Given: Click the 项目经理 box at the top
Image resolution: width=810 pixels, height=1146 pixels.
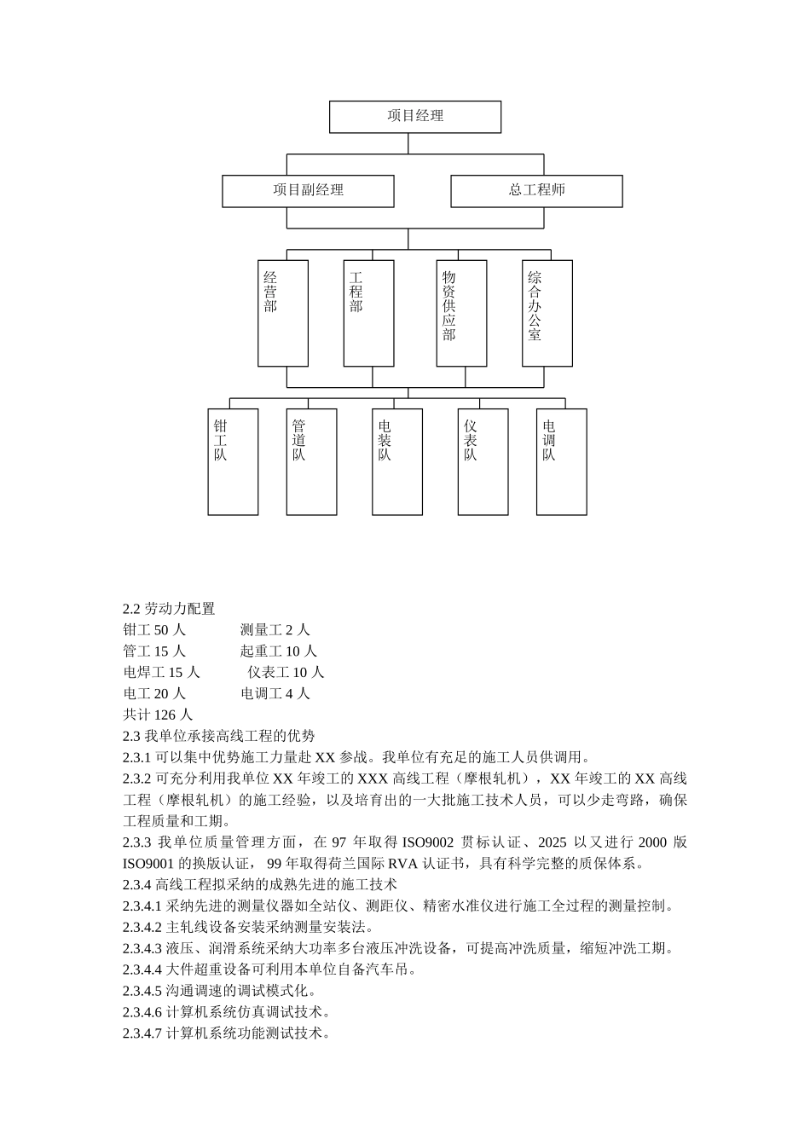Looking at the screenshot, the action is (415, 117).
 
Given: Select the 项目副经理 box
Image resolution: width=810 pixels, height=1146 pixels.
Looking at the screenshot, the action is (308, 191).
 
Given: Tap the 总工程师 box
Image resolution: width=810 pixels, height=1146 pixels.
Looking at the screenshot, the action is (536, 191).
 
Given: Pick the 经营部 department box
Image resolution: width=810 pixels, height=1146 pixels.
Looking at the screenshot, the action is (283, 313).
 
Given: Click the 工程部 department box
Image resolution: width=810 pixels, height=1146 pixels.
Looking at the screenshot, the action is (368, 313).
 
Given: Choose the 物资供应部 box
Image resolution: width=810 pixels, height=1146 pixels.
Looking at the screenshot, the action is (461, 313).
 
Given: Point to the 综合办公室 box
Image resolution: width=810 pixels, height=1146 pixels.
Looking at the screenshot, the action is (547, 313).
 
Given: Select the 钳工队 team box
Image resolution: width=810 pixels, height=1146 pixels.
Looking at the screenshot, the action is (233, 461).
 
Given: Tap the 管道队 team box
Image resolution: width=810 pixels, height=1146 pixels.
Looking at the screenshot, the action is (311, 461).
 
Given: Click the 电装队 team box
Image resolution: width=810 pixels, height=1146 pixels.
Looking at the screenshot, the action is (397, 461).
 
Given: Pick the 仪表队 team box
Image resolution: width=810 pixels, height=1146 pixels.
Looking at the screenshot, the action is (483, 461).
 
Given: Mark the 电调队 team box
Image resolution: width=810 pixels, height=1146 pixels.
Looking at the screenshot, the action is (561, 461).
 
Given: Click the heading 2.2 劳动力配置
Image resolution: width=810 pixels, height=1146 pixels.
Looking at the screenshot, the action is (169, 609).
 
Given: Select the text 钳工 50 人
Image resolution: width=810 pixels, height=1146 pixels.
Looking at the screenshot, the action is (154, 630).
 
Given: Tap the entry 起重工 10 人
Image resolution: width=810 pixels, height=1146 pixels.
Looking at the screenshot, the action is (279, 651).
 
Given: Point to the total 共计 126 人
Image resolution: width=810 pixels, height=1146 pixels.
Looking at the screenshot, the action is (158, 715).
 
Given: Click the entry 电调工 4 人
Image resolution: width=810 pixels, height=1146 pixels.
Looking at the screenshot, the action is (275, 694).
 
